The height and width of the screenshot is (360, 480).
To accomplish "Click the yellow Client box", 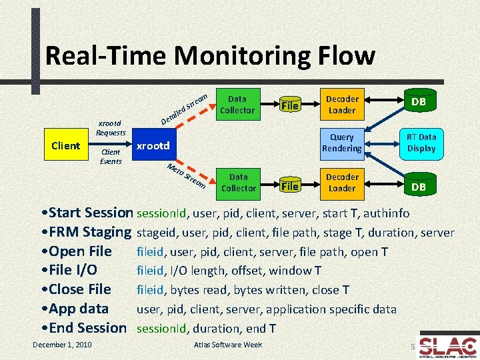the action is pos(65,146).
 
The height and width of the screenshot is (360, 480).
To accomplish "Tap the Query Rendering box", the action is pos(341,143).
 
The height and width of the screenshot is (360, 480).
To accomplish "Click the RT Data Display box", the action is pos(421,143).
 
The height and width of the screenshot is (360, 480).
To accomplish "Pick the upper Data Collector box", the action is pos(237,105).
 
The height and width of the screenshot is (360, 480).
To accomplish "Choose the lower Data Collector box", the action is pos(238,183).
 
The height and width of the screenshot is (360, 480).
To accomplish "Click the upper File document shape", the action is pos(289,105).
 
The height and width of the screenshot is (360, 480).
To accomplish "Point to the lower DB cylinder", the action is pos(419,185).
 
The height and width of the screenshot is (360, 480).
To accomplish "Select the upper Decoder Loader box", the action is pos(341,105).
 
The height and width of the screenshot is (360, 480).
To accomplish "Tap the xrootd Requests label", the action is pos(111,128).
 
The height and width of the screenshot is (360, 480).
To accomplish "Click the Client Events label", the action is pos(111,157).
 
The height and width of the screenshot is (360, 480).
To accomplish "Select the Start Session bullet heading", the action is pos(87,213).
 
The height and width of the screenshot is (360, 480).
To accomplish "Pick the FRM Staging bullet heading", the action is pos(87,233).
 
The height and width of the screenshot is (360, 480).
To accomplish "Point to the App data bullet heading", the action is pos(74,309).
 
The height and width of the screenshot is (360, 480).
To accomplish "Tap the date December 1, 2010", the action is pos(62,345).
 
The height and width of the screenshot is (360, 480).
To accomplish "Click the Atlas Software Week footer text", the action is pos(227,345).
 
